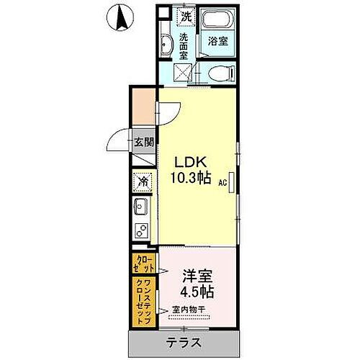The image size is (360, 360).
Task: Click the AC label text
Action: click(224, 184)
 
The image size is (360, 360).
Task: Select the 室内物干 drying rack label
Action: click(189, 310)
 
